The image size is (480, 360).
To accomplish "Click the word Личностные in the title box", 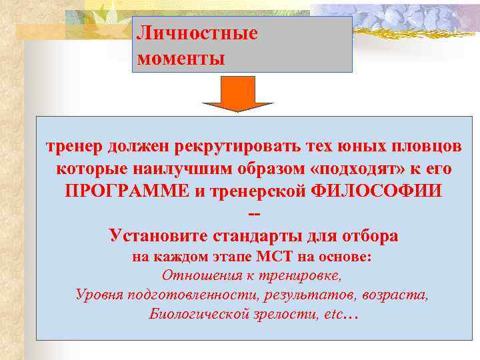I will [x=197, y=33].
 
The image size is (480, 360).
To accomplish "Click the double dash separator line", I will [x=253, y=212].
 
